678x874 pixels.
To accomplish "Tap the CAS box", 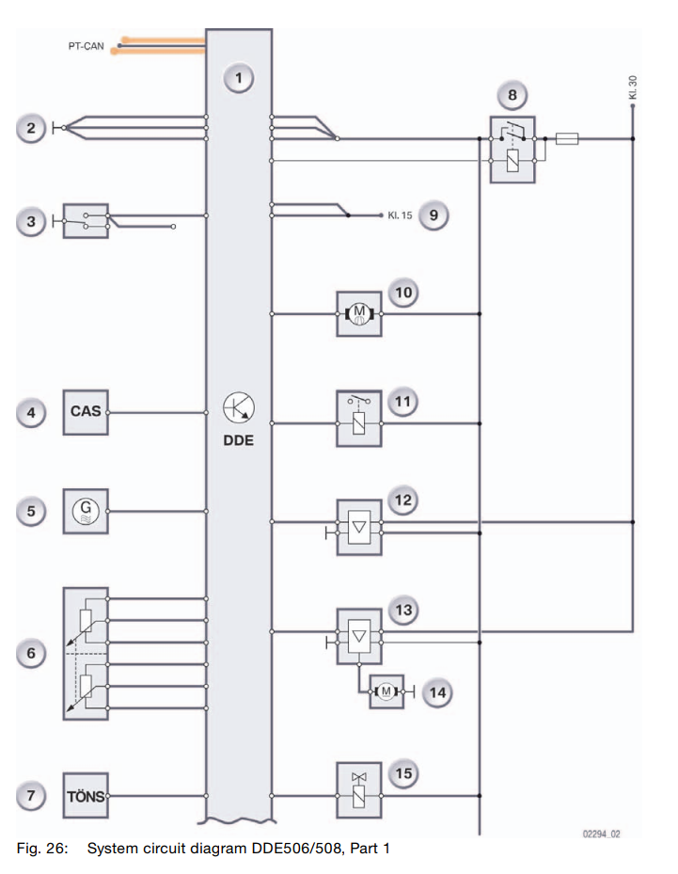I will point(86,411).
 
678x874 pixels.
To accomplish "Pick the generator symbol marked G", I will point(86,511).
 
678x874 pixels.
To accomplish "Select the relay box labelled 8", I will point(512,149).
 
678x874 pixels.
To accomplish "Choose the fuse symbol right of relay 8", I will point(567,138).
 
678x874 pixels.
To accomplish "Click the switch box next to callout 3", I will point(86,220).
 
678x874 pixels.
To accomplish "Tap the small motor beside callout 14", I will point(386,692).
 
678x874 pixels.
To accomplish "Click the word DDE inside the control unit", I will point(239,439).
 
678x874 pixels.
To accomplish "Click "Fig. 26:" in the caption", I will point(43,849).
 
